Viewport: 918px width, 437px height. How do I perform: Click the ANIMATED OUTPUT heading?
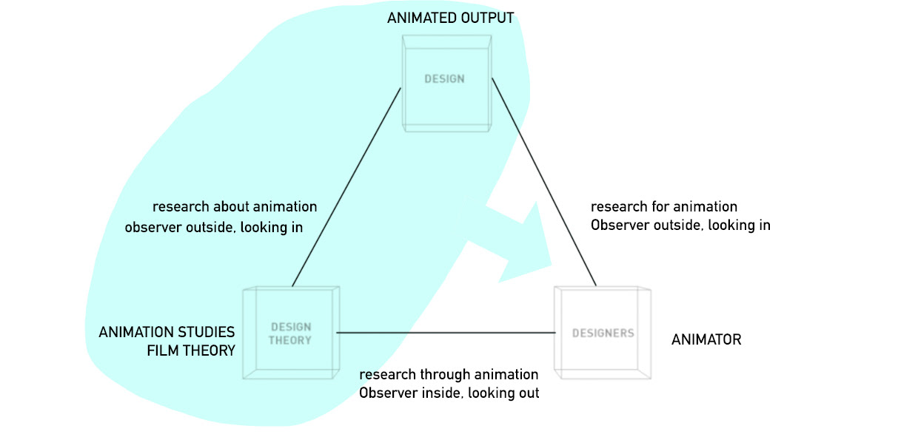point(450,18)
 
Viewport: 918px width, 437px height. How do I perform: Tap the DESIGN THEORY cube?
point(291,333)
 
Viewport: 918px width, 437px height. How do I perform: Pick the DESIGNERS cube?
point(603,333)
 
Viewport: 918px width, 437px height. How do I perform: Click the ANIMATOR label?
point(706,340)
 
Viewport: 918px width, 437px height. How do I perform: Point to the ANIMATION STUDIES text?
point(167,332)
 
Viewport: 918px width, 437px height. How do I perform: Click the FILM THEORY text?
point(191,350)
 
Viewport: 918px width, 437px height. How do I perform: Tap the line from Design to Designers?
point(544,182)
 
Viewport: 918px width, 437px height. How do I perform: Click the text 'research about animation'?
point(234,207)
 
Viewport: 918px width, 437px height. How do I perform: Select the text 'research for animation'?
point(663,207)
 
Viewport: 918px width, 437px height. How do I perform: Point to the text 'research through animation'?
point(449,375)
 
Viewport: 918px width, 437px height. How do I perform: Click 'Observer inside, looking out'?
point(449,393)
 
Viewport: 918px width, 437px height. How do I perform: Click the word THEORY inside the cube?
point(290,341)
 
